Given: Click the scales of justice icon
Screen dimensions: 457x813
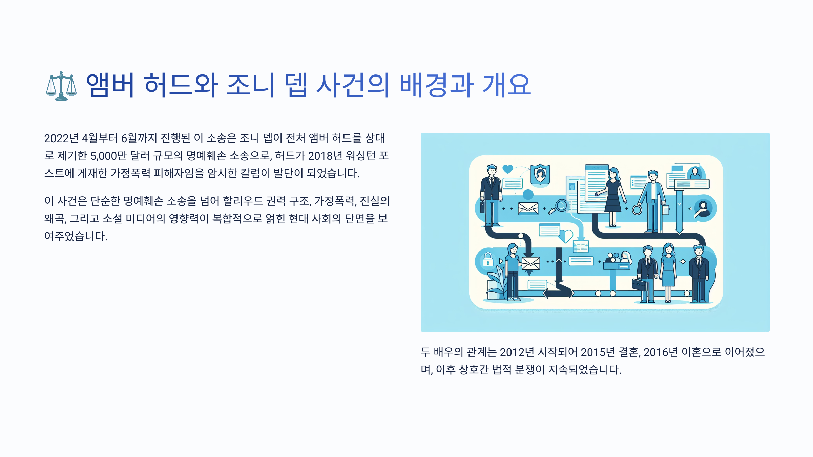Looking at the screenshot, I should coord(61,86).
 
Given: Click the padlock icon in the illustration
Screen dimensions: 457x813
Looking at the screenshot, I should coord(488,260).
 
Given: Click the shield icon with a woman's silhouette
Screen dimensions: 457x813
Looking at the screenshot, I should coord(540,174).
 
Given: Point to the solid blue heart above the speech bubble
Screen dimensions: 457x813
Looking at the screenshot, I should coord(507,169).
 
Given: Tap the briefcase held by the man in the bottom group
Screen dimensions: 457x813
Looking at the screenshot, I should coord(639,285).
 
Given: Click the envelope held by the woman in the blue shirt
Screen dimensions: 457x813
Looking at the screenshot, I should coord(530,263).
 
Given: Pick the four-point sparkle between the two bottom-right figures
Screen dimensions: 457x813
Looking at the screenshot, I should coord(683,261).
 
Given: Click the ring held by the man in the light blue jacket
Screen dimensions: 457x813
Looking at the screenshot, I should coord(637,210).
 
